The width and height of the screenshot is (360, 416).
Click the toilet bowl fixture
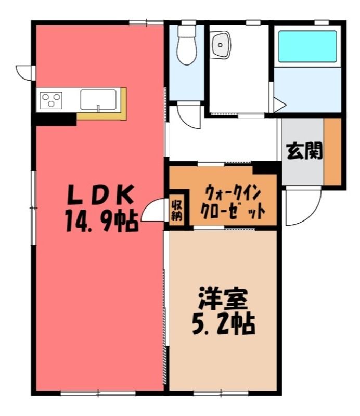point(187,45)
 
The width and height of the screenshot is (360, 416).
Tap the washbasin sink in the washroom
point(220,45)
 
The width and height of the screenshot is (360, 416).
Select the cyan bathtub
point(307,46)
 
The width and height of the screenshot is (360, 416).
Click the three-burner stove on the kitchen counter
point(51,100)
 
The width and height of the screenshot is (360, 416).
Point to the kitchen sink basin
point(98,100)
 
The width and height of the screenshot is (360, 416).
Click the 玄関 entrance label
point(304,151)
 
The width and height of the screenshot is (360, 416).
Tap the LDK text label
point(100,195)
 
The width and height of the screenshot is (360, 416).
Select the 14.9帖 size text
point(101,220)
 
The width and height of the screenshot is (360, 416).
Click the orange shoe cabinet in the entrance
point(332,151)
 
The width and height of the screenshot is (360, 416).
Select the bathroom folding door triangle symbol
point(279,105)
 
